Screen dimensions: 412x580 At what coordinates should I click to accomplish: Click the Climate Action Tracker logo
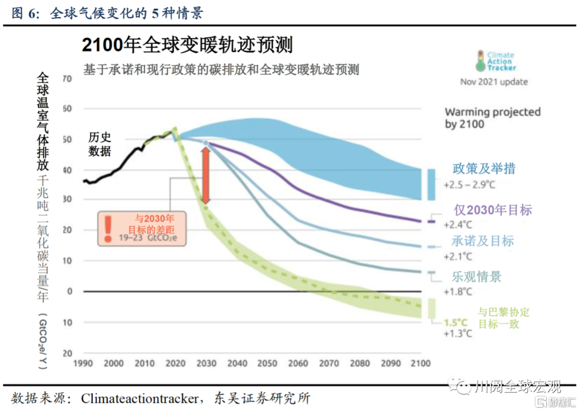pos(495,61)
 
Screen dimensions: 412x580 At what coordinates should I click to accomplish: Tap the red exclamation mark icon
pos(108,228)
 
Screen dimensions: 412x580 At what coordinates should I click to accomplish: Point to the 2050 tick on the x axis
pos(267,363)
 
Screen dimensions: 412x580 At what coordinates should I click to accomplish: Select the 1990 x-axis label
pos(83,363)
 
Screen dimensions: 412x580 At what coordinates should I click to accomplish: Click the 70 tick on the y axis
pos(67,79)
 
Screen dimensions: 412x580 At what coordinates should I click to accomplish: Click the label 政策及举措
pos(484,169)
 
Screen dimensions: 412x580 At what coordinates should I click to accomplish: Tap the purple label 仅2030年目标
pos(492,209)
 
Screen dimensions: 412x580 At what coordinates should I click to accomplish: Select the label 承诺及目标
pos(482,241)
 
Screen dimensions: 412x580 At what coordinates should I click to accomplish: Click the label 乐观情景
pos(476,277)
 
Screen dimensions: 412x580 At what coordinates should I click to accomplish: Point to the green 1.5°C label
pos(455,323)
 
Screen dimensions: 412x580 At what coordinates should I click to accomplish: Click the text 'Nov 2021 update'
pos(494,82)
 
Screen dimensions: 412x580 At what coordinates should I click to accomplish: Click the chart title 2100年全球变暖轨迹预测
pos(187,46)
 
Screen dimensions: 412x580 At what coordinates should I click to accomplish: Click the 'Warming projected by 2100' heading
pos(492,118)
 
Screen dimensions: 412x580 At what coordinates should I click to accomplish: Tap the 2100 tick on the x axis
pos(420,363)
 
